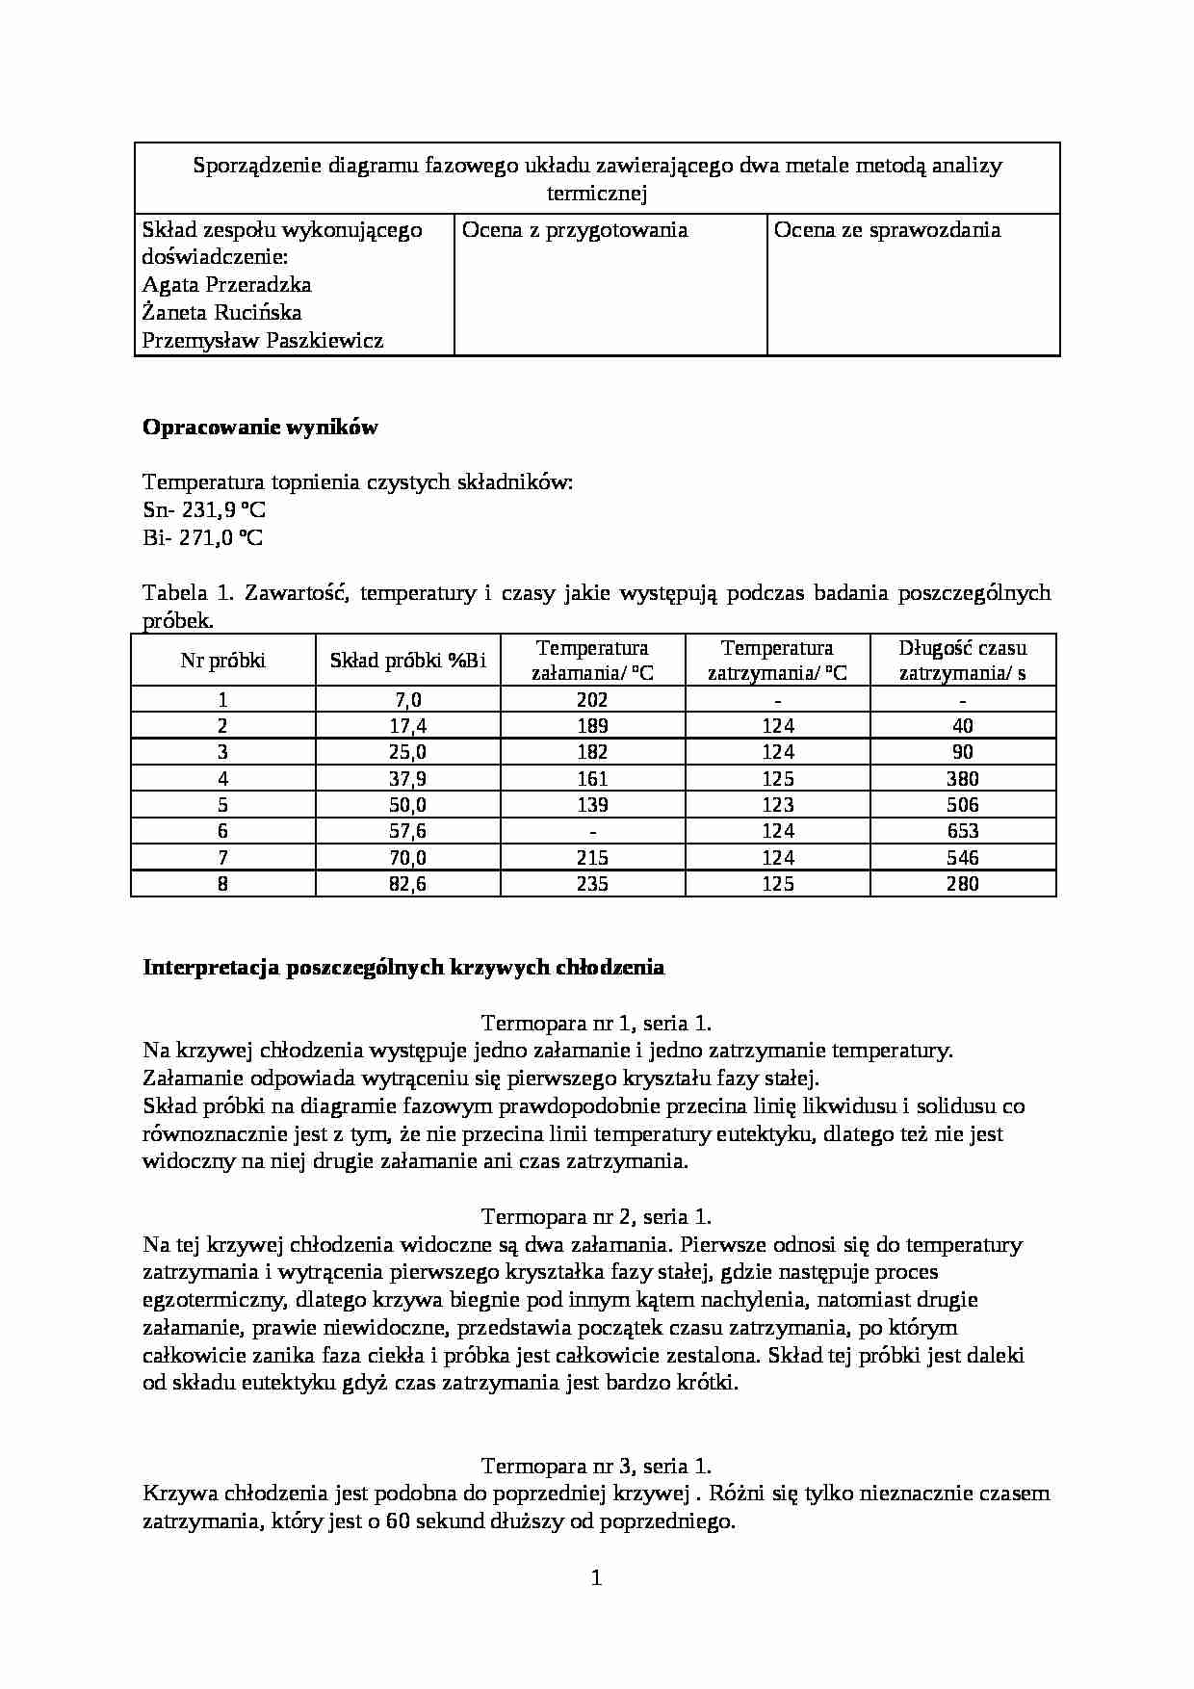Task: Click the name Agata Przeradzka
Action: (226, 285)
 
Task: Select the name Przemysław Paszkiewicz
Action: (263, 340)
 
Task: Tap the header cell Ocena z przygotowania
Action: (575, 230)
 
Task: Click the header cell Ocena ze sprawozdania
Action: (887, 230)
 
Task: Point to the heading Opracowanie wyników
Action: (260, 428)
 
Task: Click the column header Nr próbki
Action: (223, 661)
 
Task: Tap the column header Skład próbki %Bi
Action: (408, 661)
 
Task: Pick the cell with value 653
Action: (962, 831)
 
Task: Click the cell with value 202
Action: (592, 700)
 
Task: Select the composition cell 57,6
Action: (407, 831)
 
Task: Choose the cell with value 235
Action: (592, 883)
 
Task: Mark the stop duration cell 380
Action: (962, 778)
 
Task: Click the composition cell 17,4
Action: (407, 726)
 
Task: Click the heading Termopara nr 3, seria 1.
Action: (596, 1466)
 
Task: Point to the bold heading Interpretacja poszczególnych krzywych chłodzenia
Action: (403, 968)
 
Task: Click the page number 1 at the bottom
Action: (596, 1577)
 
